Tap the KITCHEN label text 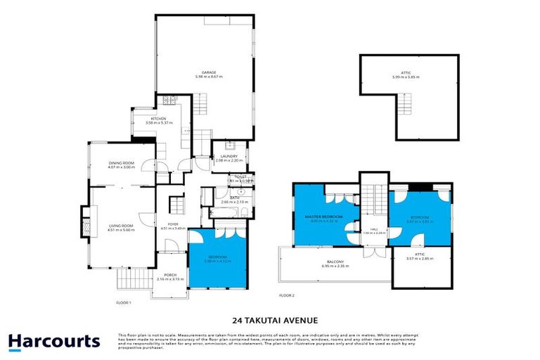(158, 119)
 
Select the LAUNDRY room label (229, 156)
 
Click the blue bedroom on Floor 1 (217, 260)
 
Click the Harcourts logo (54, 342)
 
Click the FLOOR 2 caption (287, 295)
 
